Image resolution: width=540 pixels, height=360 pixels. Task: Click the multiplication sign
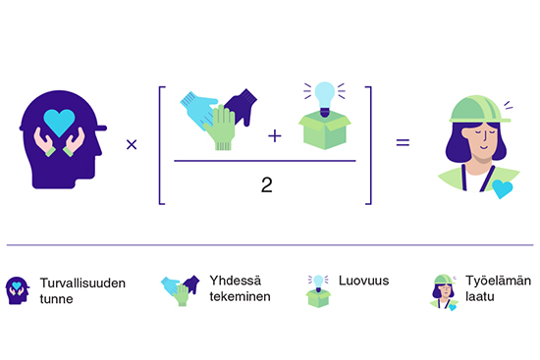pos(132,145)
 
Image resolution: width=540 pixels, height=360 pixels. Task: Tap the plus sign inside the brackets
pos(274,134)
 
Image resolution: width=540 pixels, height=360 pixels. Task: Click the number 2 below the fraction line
pos(267,183)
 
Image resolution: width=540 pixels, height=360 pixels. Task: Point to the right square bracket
pos(368,145)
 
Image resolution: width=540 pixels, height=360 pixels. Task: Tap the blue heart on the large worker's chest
pos(503,187)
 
